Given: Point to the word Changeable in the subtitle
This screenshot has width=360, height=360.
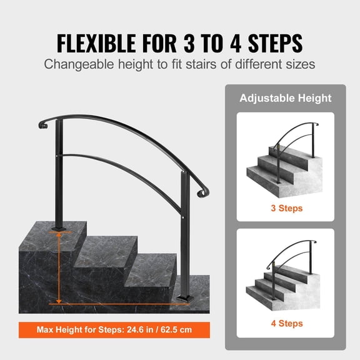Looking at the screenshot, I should tap(79, 64).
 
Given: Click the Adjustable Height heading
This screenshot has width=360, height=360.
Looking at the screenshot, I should tap(286, 98).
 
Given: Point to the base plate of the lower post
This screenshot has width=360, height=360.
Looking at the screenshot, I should tap(186, 294).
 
